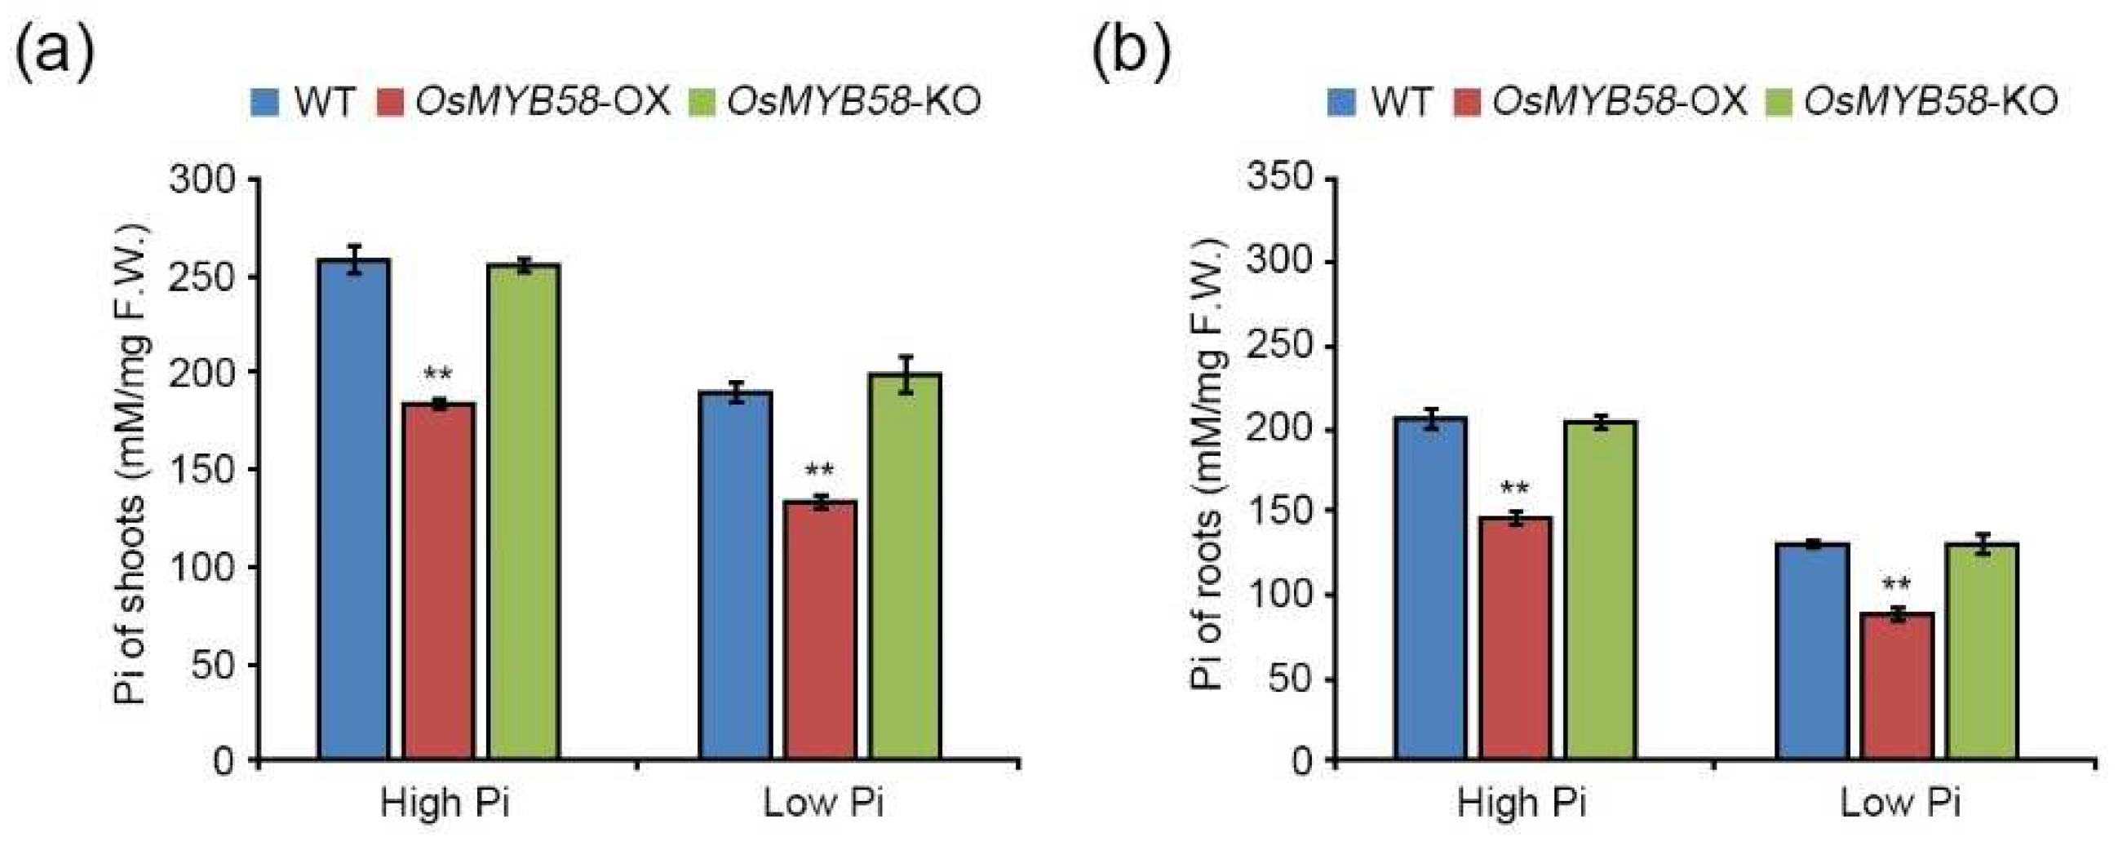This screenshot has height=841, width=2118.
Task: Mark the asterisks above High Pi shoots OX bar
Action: point(437,375)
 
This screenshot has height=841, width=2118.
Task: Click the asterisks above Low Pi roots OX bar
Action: point(1896,586)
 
